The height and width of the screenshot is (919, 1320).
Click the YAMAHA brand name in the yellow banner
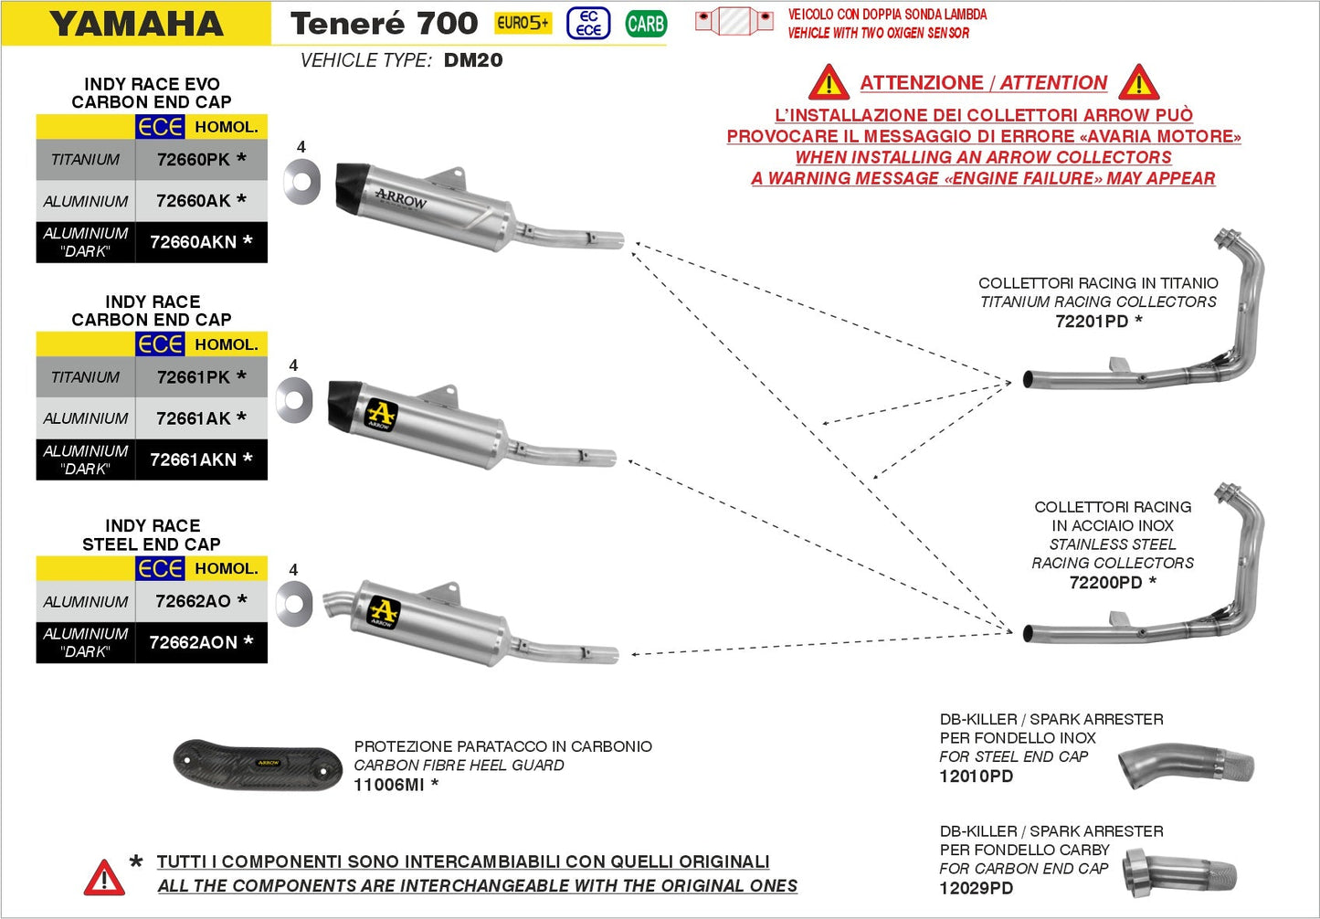point(137,24)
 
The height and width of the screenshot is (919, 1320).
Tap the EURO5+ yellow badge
point(523,23)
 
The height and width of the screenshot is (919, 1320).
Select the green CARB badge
point(646,24)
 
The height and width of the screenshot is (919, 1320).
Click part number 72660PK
point(194,159)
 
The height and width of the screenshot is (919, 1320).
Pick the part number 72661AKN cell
point(193,459)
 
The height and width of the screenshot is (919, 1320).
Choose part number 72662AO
point(193,601)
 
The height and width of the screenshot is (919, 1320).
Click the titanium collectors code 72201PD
point(1092,322)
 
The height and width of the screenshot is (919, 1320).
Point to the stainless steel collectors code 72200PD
point(1105,583)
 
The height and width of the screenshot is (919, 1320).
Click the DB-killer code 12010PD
point(976,776)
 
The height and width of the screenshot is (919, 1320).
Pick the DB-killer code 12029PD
point(976,888)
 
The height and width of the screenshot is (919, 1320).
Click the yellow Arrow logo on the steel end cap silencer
point(384,611)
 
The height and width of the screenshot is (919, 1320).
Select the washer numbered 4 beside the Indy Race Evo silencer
point(302,181)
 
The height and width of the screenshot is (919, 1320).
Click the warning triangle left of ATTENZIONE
point(829,83)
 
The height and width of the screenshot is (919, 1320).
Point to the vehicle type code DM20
point(473,60)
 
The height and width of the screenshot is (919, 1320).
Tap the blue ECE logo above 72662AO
point(161,568)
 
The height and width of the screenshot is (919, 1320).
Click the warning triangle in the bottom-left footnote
point(104,878)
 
